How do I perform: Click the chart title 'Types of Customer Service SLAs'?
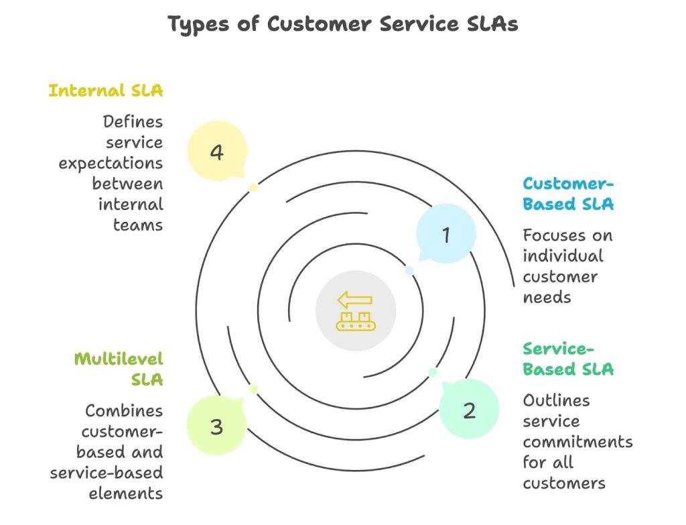[x=342, y=24]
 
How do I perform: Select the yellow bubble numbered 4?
[x=216, y=152]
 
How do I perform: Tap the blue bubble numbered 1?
[x=446, y=234]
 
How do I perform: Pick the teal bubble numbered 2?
[x=469, y=410]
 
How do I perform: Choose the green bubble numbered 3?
[x=216, y=426]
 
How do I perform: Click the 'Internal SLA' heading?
[x=105, y=91]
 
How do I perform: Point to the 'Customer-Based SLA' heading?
[x=568, y=194]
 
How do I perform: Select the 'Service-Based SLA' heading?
[x=568, y=359]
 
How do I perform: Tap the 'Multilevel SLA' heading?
[x=119, y=369]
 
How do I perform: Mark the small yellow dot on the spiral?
[x=253, y=188]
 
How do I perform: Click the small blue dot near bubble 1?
[x=409, y=270]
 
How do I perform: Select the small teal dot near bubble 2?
[x=432, y=371]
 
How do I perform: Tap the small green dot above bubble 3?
[x=253, y=389]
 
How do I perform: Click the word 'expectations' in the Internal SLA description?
[x=111, y=163]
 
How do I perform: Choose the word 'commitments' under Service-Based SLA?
[x=577, y=442]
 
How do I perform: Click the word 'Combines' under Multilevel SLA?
[x=124, y=410]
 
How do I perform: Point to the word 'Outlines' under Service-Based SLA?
[x=556, y=400]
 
